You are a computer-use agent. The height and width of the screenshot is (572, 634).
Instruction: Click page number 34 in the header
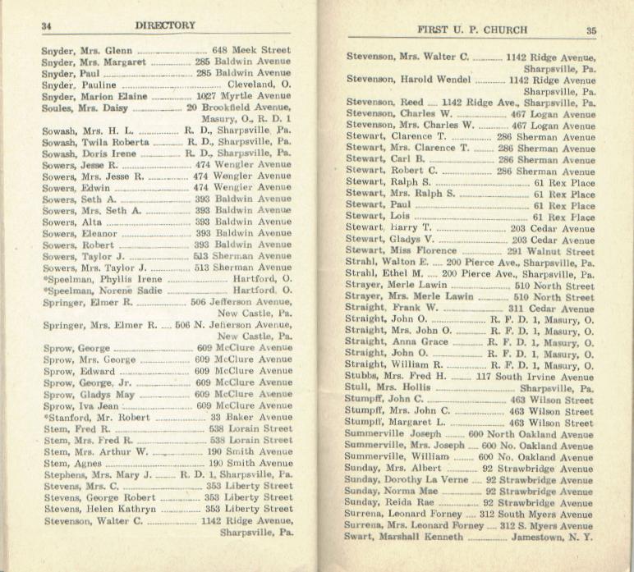[x=47, y=25]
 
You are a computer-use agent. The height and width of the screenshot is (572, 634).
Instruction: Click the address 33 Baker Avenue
[x=250, y=417]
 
